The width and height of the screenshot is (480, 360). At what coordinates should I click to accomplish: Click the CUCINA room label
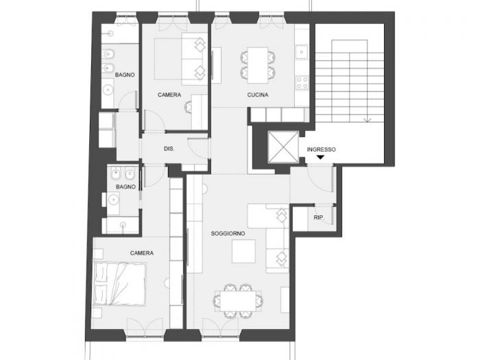tap(257, 95)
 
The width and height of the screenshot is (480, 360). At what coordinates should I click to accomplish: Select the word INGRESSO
tap(321, 149)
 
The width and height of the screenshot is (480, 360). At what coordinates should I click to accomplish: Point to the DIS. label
tap(169, 149)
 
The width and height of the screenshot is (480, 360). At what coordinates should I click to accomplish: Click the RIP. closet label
tap(318, 218)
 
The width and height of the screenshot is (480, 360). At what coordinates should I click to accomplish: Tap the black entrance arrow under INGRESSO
tap(320, 158)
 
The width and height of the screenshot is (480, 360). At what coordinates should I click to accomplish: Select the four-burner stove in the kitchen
tap(302, 84)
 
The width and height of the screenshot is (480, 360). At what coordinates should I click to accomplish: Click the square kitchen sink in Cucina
tap(301, 51)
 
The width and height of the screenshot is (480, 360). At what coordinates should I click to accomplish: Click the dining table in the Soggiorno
tap(238, 300)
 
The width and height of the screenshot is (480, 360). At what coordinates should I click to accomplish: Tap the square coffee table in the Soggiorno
tap(244, 252)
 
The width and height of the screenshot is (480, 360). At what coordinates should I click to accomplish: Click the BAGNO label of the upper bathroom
tap(125, 74)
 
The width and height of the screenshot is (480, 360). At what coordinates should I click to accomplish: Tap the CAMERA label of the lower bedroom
tap(141, 253)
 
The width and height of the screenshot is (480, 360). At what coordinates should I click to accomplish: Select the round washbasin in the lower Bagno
tap(123, 224)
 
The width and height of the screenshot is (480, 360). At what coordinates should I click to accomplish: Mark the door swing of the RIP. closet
tap(328, 217)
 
